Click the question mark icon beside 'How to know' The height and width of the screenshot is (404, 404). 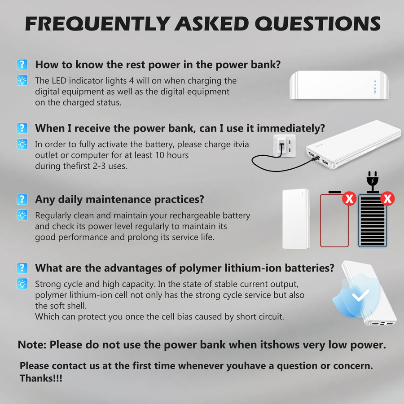click(22, 64)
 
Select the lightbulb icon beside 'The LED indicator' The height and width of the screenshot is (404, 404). click(22, 81)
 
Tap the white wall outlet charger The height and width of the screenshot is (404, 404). click(281, 147)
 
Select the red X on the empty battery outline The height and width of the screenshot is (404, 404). click(349, 198)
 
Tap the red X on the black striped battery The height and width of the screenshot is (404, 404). click(387, 198)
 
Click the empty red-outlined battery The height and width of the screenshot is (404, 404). click(334, 221)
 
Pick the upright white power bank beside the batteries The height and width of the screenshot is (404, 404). click(296, 219)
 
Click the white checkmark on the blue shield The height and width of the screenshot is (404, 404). click(360, 295)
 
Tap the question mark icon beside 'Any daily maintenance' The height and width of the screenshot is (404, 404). click(22, 199)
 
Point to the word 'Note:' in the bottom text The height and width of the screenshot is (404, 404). click(32, 345)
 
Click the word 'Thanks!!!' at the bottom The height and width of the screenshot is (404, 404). click(41, 378)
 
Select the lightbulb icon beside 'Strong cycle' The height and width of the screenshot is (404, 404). click(22, 284)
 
